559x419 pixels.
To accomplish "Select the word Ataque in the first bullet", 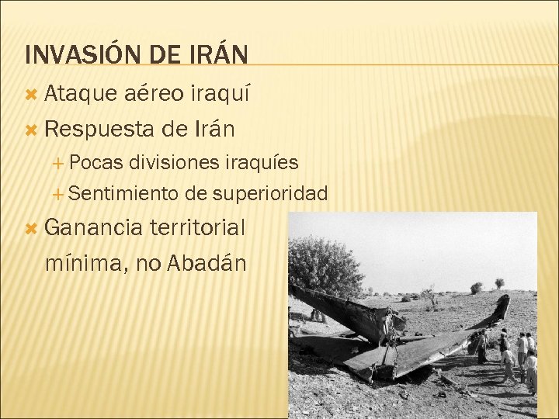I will pos(77,95).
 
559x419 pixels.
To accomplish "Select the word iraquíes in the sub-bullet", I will pos(261,163).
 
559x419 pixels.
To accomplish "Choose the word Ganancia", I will pos(94,227).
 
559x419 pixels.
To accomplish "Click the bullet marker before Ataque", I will pos(32,95).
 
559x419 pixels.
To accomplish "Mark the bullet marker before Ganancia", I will pos(32,228).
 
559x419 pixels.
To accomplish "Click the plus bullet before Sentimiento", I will pos(61,192).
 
